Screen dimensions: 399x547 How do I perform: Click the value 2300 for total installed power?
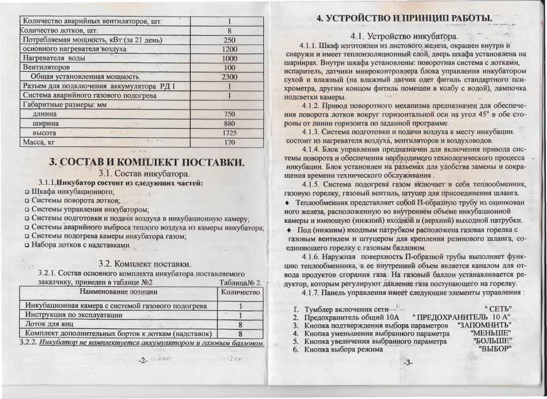point(229,77)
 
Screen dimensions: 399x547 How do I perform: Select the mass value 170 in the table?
point(229,143)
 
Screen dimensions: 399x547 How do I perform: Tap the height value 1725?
point(229,132)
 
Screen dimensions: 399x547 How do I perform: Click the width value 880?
point(229,123)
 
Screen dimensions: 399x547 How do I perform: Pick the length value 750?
point(229,114)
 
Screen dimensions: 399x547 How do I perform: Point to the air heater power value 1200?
point(229,49)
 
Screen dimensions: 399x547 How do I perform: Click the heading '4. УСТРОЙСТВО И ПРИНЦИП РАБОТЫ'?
point(404,19)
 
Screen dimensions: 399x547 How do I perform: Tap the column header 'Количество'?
point(240,292)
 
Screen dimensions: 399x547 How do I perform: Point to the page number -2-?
point(143,362)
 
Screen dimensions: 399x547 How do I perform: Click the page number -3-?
point(409,363)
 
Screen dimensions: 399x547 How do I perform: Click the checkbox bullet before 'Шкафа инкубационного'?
point(26,191)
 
